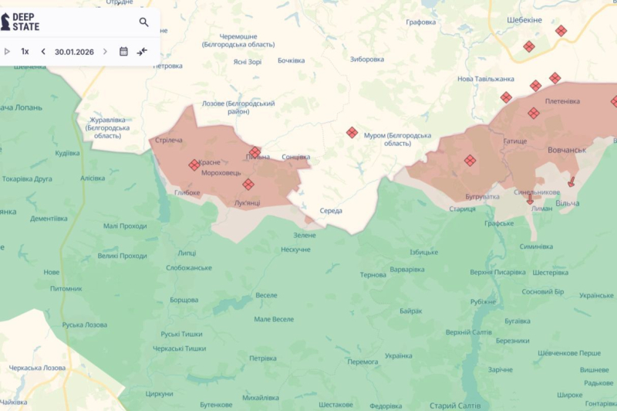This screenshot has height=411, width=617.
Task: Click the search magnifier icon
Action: click(x=143, y=22)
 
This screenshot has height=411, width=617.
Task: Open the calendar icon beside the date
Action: click(x=123, y=52)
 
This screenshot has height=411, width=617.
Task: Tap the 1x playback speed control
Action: click(x=25, y=52)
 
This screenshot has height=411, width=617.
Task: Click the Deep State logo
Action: click(x=21, y=22)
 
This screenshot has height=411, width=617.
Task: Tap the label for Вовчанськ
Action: click(x=567, y=149)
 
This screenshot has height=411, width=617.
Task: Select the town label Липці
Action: click(x=187, y=253)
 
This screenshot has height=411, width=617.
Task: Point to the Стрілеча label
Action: click(x=168, y=140)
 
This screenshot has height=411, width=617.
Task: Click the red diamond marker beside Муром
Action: click(x=352, y=133)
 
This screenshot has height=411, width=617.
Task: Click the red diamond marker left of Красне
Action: click(x=194, y=165)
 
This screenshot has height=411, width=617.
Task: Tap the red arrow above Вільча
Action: click(x=571, y=182)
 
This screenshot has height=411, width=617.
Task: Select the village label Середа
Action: click(x=331, y=211)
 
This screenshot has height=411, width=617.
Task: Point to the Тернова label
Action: click(x=373, y=274)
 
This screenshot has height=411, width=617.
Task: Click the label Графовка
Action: click(x=421, y=22)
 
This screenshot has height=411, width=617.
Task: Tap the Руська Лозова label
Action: click(x=84, y=324)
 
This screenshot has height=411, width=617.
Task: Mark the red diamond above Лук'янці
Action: click(x=248, y=184)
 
